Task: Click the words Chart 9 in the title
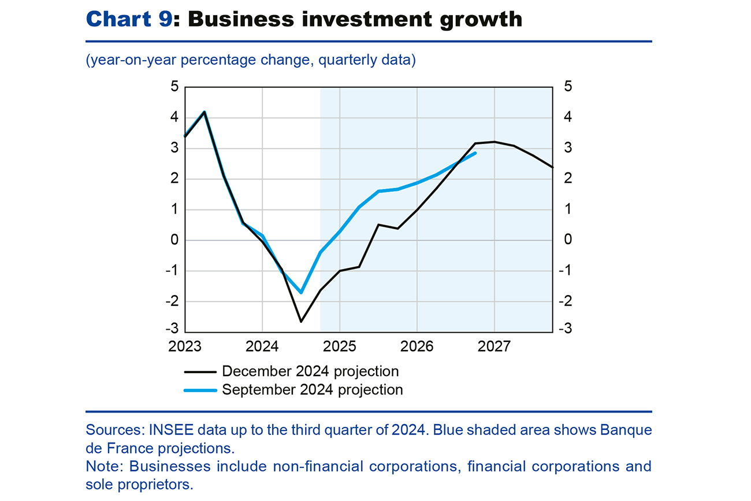point(128,19)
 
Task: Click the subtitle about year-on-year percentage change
point(251,60)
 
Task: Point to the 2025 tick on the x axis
point(340,346)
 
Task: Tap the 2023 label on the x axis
point(185,346)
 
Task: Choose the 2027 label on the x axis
point(495,346)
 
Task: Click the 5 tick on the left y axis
point(174,87)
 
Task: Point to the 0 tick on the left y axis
point(174,240)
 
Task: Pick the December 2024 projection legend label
point(310,371)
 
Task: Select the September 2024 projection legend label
point(312,389)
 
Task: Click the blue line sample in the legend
point(200,390)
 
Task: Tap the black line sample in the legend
point(200,371)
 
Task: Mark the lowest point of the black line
point(301,322)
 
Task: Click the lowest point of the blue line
point(301,293)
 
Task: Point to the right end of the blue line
point(475,153)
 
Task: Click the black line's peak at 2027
point(495,142)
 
